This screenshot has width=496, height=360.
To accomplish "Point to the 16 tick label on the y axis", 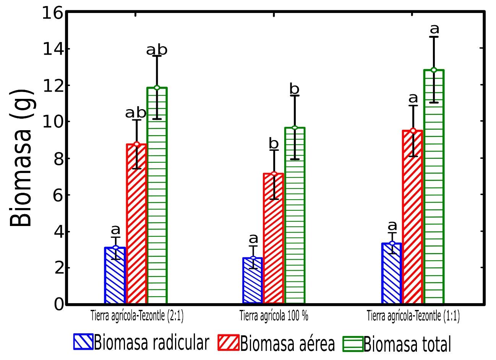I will [x=52, y=14].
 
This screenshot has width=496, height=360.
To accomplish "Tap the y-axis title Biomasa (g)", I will [x=21, y=158].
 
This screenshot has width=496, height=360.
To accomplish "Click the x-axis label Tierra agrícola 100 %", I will [x=274, y=316].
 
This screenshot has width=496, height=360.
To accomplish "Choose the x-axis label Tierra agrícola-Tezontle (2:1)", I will [x=137, y=316].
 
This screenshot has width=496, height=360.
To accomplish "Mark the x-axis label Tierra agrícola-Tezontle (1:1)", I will [x=413, y=316].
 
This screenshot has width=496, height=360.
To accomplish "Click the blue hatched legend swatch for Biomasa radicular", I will [x=83, y=342].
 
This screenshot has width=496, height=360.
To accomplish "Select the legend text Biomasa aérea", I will [x=287, y=343].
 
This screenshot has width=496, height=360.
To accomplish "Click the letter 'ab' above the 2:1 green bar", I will [x=157, y=50].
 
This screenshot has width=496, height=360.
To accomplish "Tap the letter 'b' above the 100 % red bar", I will [x=274, y=144].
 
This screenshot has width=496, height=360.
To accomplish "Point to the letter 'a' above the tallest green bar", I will [x=434, y=29].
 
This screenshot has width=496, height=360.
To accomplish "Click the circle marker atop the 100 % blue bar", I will [x=253, y=258].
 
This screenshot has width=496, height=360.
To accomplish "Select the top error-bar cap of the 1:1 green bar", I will [x=434, y=37].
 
